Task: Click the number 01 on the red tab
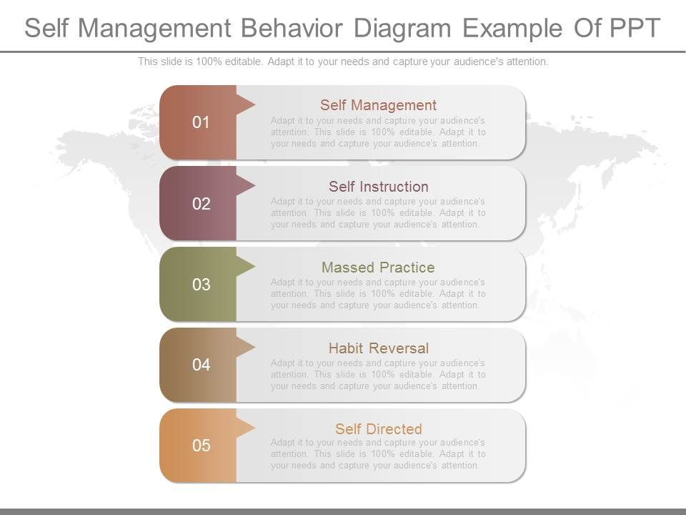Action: point(202,122)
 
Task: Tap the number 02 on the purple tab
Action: point(202,204)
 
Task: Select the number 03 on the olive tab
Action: point(202,285)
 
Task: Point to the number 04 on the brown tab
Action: point(202,365)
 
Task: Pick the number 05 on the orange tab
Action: point(202,446)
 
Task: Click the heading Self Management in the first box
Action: point(378,105)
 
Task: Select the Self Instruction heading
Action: point(378,187)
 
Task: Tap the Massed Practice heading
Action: point(378,268)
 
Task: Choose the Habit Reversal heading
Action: point(378,348)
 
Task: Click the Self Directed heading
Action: point(378,429)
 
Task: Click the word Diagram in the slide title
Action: point(405,28)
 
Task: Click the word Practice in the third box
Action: point(408,268)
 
